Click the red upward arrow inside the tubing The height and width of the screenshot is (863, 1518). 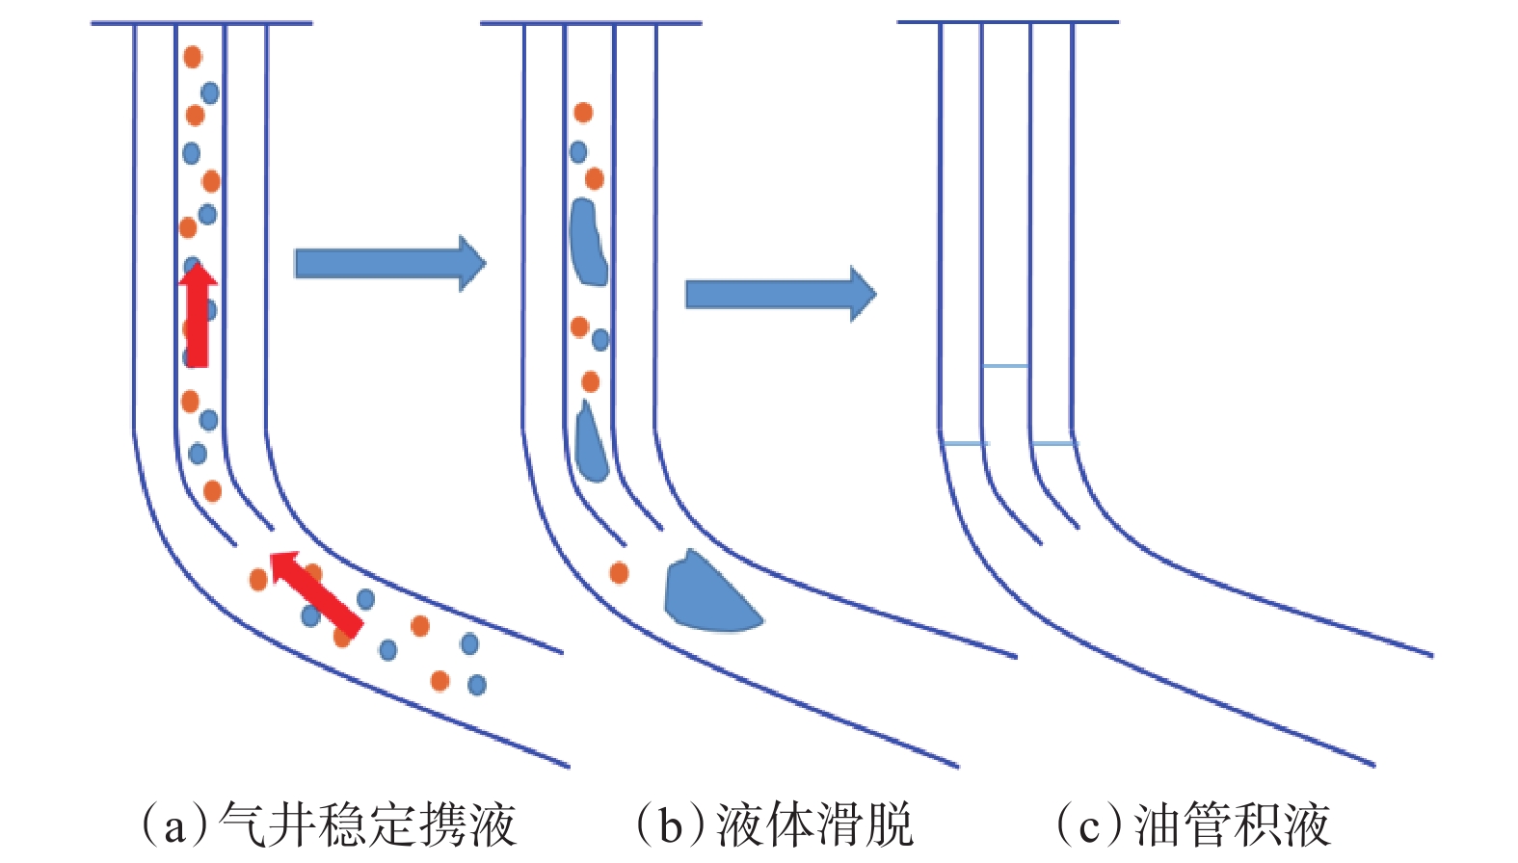(x=198, y=316)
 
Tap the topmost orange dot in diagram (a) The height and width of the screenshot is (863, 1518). (x=193, y=57)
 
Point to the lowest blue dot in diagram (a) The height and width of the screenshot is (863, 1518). (x=476, y=685)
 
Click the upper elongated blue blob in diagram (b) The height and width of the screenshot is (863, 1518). (x=587, y=242)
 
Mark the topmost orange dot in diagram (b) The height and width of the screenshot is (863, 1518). (x=583, y=113)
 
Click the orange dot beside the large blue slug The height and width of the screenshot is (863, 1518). (x=619, y=573)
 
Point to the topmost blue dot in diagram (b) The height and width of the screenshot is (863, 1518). (x=578, y=151)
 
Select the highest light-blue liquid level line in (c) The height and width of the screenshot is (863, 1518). (x=1005, y=366)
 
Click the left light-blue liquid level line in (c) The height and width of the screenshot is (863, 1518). (x=964, y=443)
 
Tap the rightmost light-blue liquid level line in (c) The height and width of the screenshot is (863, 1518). (x=1052, y=443)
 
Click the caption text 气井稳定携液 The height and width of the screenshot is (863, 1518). (x=367, y=824)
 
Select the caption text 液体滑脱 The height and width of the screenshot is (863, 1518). (x=813, y=824)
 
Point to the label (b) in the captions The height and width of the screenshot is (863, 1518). (x=671, y=825)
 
